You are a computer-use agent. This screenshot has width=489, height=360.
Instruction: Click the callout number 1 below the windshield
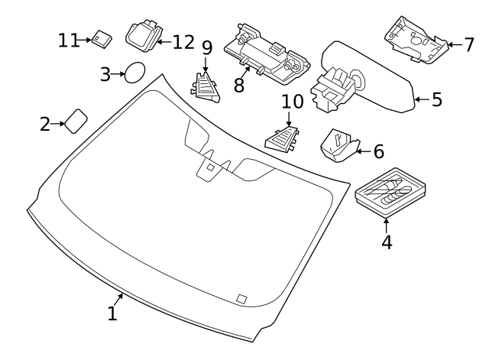point(112,313)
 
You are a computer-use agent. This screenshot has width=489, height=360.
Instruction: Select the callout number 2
point(45,123)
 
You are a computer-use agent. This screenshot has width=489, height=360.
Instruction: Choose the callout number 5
point(437,99)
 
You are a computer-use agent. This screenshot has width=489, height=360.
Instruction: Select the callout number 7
point(468,44)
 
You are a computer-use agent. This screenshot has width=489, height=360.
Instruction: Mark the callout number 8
point(239,84)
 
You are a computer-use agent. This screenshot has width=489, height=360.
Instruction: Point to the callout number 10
point(292,101)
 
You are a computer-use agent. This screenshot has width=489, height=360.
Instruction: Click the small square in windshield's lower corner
point(241,298)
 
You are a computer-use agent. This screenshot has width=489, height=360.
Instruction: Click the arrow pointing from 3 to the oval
point(118,73)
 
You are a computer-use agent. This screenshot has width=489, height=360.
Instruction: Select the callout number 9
point(206,47)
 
